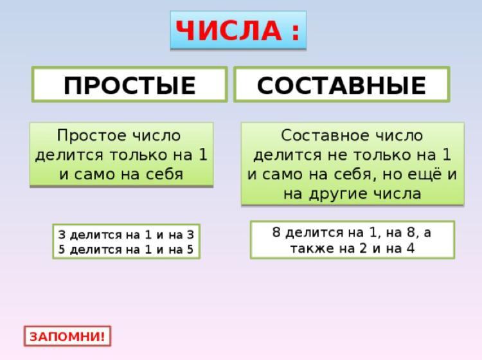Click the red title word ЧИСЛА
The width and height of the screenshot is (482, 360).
coord(228,30)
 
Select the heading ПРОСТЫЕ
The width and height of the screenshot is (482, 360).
coord(130,85)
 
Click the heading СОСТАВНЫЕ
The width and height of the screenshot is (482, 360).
coord(341,85)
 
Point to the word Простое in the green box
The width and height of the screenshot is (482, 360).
coord(92,136)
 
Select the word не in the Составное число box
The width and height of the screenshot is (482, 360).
coord(337,156)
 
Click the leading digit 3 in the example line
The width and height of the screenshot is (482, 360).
coord(62,235)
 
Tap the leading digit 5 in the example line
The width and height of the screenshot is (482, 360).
coord(62,249)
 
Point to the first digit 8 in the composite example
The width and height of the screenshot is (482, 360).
coord(276,232)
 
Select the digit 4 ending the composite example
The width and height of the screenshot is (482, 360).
coord(411,248)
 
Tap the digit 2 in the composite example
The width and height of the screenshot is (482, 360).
coord(362,248)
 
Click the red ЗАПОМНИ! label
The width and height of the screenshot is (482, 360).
coord(67,336)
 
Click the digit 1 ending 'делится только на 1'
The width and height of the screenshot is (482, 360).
coord(203,154)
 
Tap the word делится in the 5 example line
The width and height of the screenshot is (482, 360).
coord(96,250)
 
